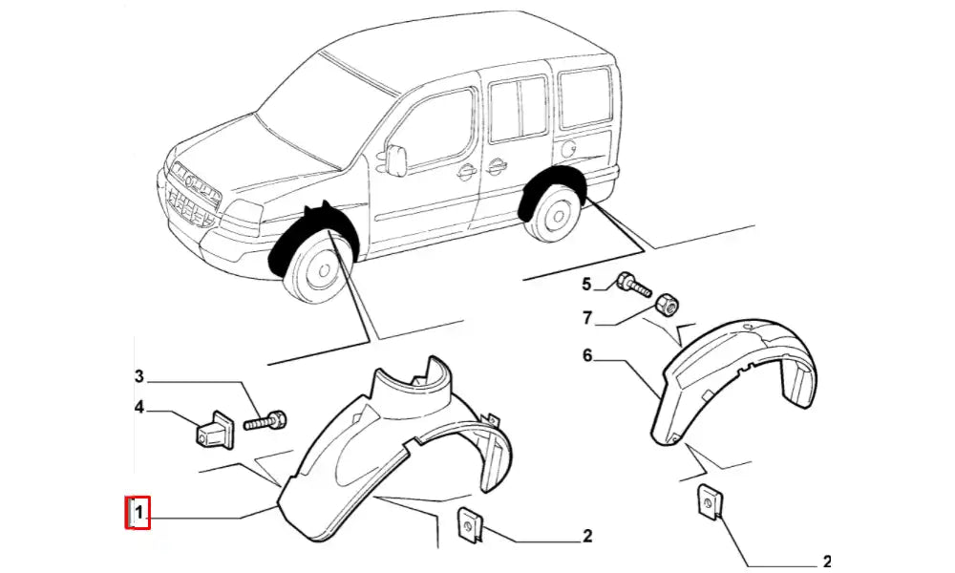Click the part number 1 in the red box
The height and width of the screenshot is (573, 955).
click(x=139, y=514)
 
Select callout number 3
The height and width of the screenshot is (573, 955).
click(x=138, y=375)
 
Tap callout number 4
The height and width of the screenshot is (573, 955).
click(x=138, y=408)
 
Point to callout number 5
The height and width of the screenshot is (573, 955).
click(x=588, y=284)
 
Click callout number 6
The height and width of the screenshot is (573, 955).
click(x=588, y=356)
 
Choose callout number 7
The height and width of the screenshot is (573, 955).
click(x=588, y=317)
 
